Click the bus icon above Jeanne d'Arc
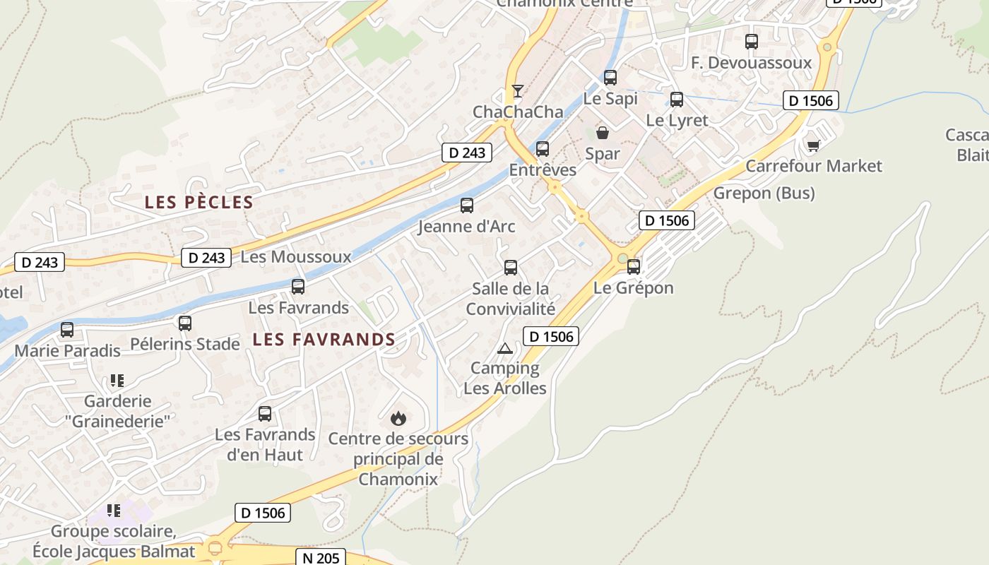coord(467,206)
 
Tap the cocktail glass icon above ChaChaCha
coord(518,90)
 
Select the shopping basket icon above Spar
coord(603,132)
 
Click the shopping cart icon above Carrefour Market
coord(813,145)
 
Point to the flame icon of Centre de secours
coord(398,418)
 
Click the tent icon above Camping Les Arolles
coord(504,347)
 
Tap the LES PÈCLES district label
coord(199,203)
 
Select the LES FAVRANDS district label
coord(324,340)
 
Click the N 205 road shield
coord(321,557)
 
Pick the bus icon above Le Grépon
coord(634,267)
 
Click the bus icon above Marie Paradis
coord(67,330)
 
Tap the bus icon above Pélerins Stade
coord(185,323)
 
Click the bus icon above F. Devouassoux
coord(752,42)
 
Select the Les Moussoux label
coord(296,256)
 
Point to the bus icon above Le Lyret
coord(677,100)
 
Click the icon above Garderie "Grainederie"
coord(117,381)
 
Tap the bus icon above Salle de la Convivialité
coord(511,268)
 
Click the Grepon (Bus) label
coord(764,193)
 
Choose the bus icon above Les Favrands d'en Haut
coord(265,414)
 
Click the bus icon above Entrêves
coord(543,149)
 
